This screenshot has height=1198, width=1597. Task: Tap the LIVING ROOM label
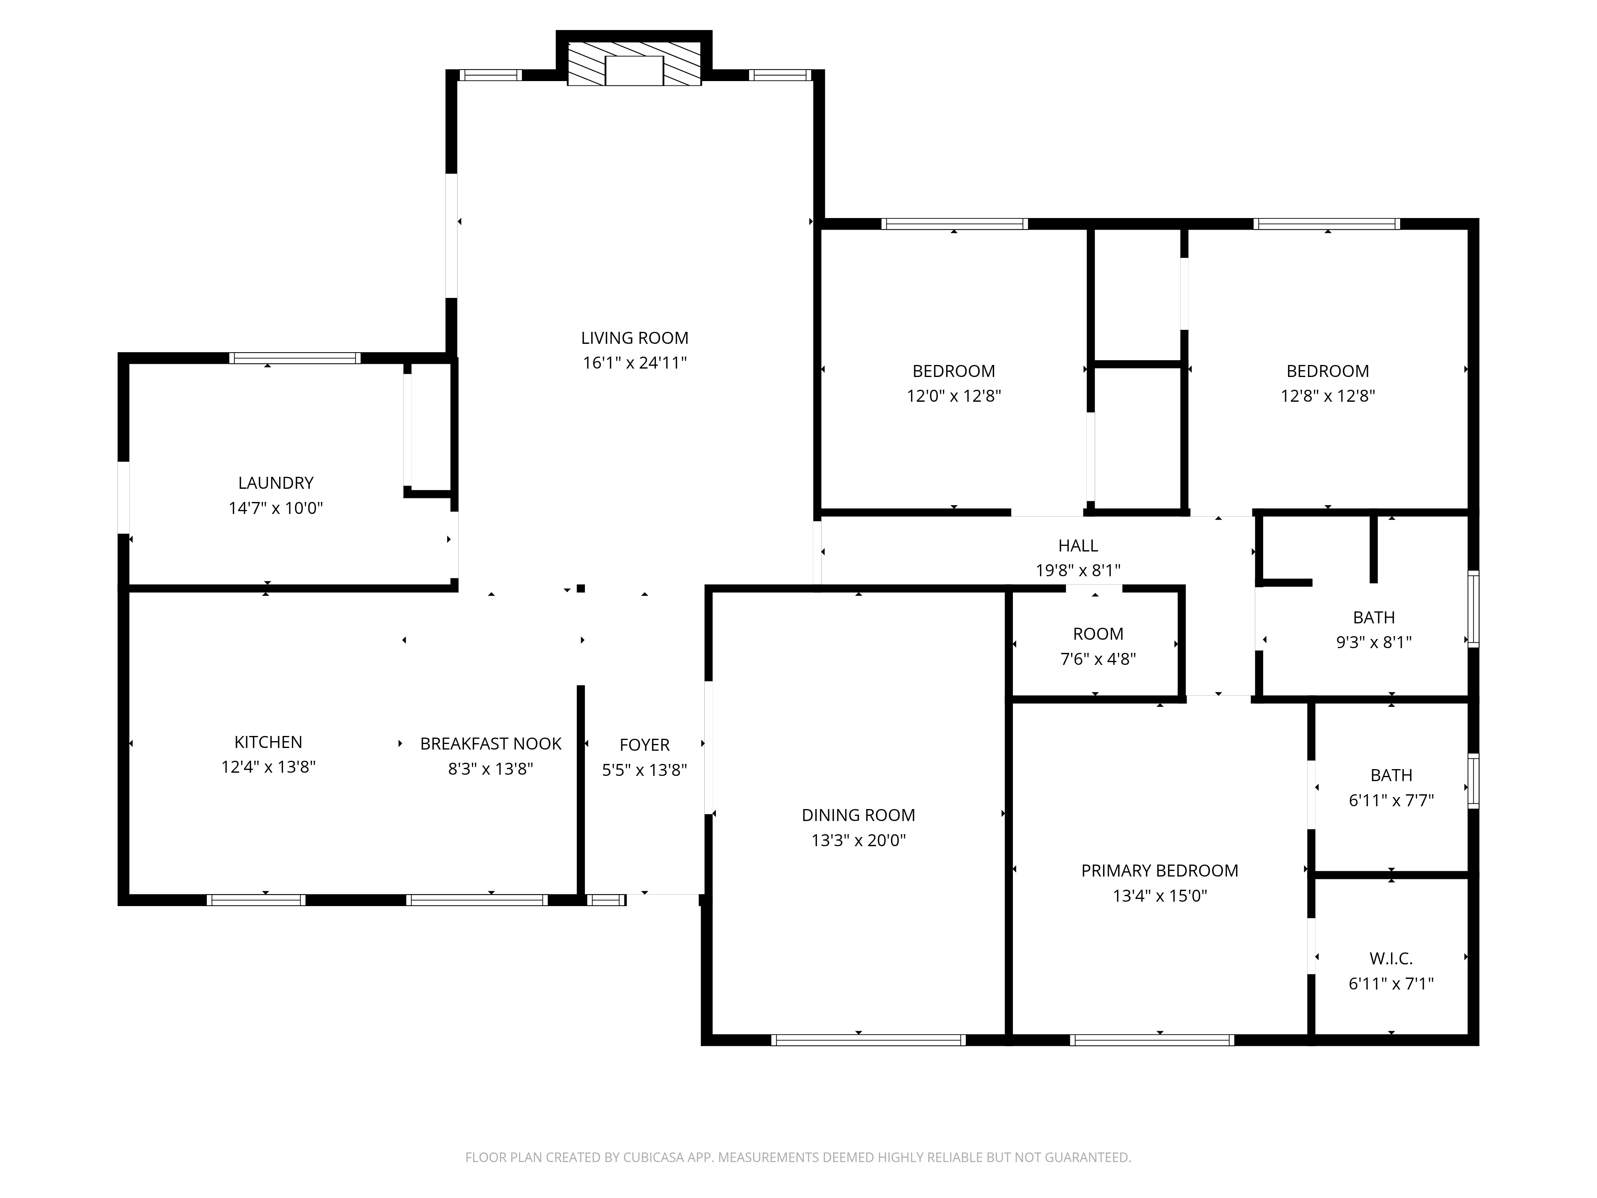pyautogui.click(x=635, y=338)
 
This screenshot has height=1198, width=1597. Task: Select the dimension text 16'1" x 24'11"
pyautogui.click(x=635, y=363)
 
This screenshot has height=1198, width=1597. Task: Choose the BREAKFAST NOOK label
pyautogui.click(x=491, y=744)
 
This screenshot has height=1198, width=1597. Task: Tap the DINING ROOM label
pyautogui.click(x=858, y=815)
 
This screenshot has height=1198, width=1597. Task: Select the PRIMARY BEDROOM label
pyautogui.click(x=1159, y=871)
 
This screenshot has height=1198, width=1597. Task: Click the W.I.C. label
pyautogui.click(x=1391, y=958)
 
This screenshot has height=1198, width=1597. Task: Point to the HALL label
pyautogui.click(x=1078, y=546)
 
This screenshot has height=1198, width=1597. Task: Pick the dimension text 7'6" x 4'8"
pyautogui.click(x=1098, y=659)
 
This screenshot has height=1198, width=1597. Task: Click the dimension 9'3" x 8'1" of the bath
pyautogui.click(x=1374, y=642)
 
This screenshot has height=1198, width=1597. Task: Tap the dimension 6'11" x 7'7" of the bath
pyautogui.click(x=1391, y=800)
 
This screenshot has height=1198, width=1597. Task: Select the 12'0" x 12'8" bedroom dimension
pyautogui.click(x=954, y=396)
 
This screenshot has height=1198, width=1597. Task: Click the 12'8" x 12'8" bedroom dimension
pyautogui.click(x=1328, y=396)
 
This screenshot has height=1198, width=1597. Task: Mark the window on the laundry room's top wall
pyautogui.click(x=295, y=358)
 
